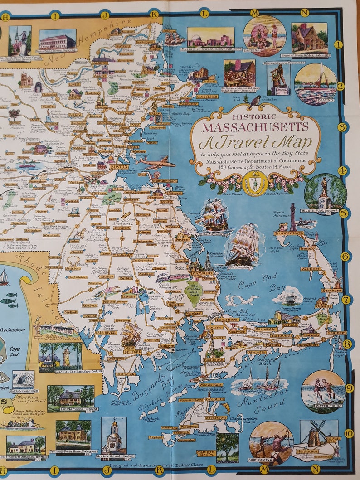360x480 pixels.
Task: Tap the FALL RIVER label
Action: click(x=105, y=333)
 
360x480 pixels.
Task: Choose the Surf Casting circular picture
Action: click(x=271, y=442)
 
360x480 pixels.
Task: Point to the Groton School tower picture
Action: click(x=114, y=436)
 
